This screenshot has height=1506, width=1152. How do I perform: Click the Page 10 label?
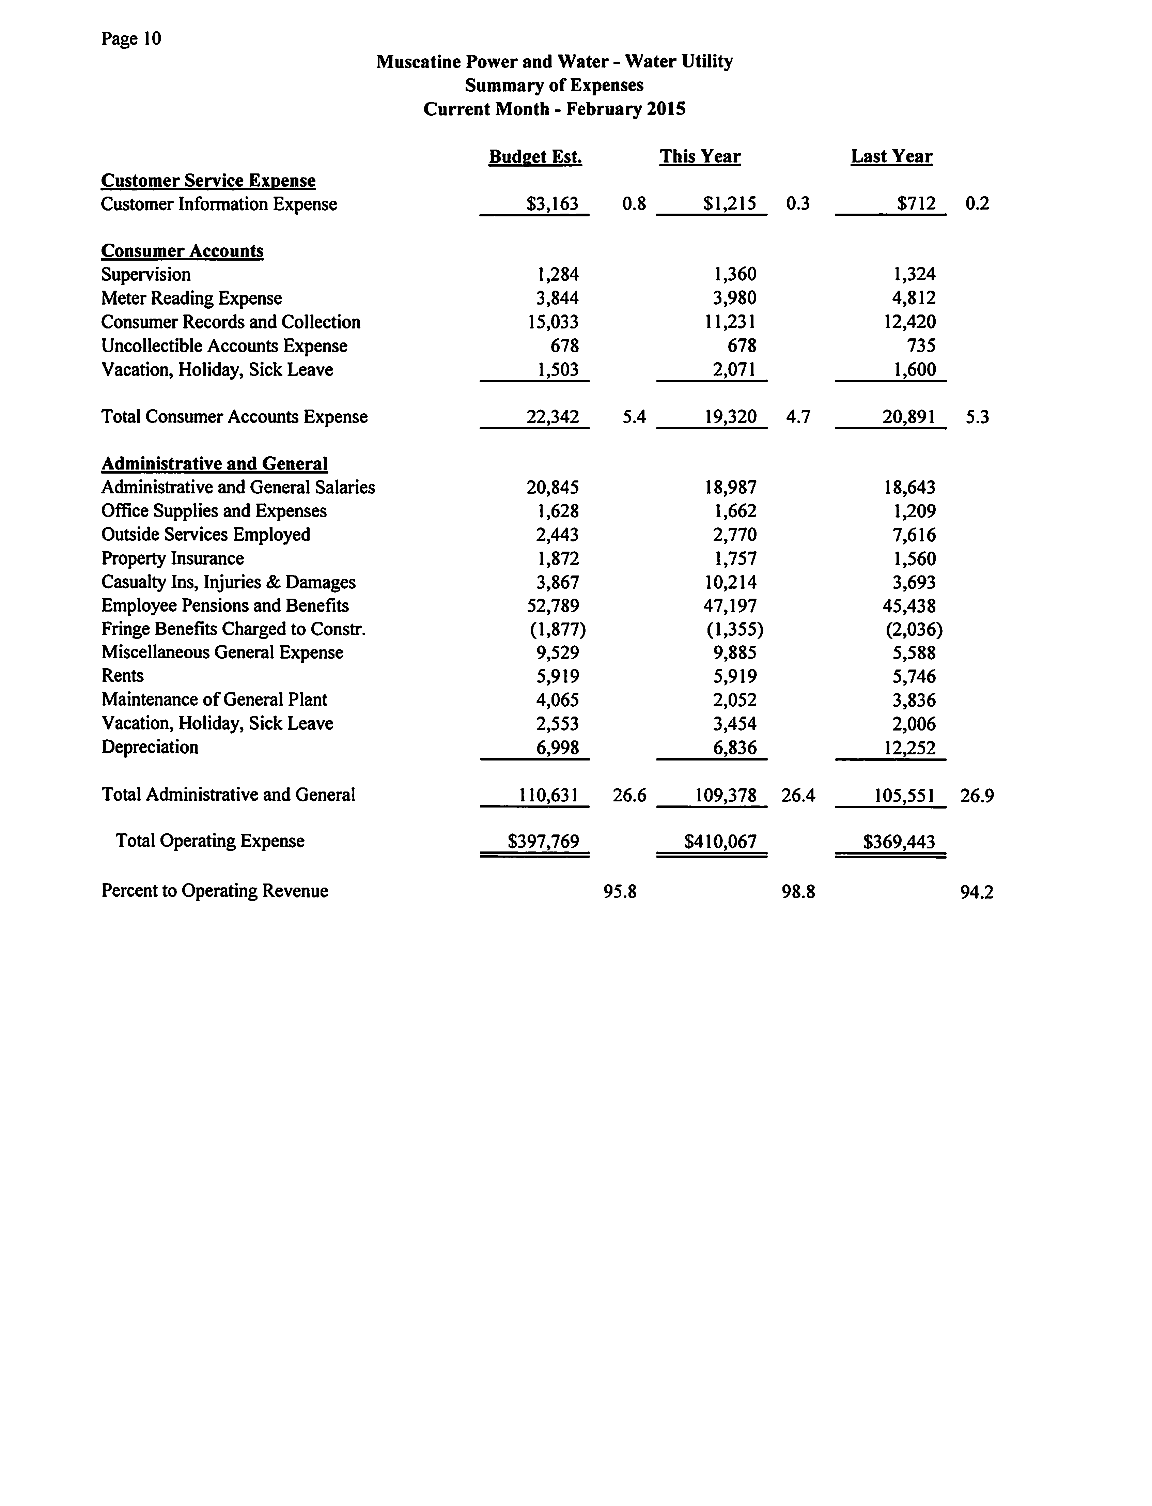point(131,39)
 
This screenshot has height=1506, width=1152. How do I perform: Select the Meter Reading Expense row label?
point(191,298)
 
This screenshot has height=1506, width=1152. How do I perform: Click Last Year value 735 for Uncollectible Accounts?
point(921,345)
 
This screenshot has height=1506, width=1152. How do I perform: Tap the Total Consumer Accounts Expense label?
point(234,417)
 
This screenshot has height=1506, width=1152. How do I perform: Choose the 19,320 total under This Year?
point(730,417)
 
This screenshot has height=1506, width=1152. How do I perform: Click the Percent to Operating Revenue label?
point(215,891)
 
